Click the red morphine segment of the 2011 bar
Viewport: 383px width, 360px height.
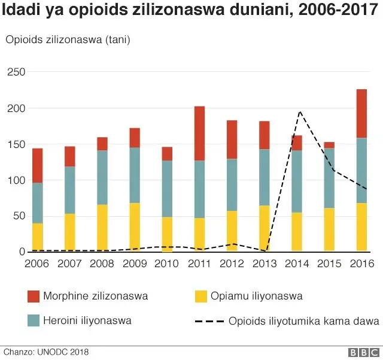click(200, 133)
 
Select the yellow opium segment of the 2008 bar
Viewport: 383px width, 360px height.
click(102, 228)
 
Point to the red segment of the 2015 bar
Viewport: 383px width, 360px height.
click(329, 145)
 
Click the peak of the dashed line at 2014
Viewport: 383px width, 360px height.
click(299, 112)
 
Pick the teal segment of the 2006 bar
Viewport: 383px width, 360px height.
click(38, 203)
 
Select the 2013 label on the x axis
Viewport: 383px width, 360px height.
click(265, 264)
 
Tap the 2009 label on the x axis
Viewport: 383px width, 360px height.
click(135, 264)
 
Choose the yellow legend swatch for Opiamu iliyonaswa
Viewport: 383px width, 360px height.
click(201, 296)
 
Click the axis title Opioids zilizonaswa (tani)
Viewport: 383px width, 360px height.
click(68, 40)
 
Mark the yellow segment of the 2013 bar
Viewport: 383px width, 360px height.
click(265, 228)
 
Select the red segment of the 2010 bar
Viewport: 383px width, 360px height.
click(167, 154)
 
